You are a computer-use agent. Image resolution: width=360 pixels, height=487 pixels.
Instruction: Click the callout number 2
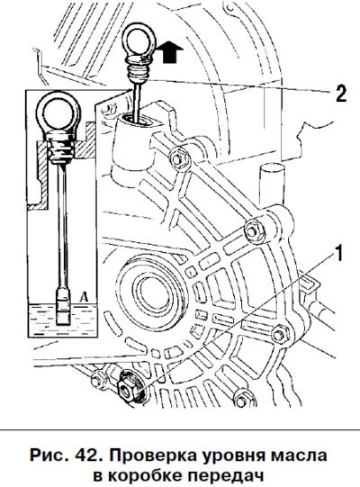[x=341, y=94]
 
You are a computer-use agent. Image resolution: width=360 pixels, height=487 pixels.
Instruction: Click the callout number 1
[x=338, y=253]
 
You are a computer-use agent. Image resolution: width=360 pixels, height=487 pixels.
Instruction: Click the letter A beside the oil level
[x=84, y=297]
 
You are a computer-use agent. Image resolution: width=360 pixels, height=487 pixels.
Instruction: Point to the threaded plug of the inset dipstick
[x=61, y=148]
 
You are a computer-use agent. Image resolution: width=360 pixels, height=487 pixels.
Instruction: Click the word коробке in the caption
[x=144, y=475]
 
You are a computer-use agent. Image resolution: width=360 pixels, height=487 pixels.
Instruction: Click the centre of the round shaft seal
[x=152, y=292]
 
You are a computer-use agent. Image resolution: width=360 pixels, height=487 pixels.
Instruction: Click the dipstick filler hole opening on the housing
[x=136, y=121]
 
